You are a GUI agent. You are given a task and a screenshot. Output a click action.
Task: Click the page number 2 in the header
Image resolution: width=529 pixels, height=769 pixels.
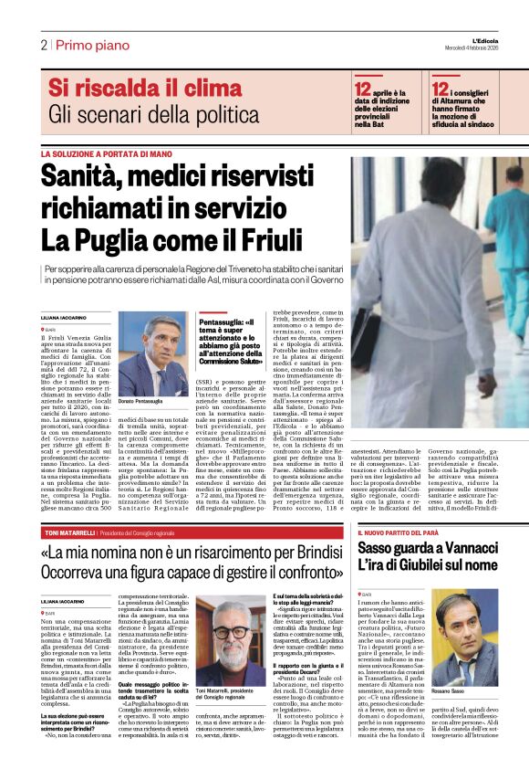tap(43, 44)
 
